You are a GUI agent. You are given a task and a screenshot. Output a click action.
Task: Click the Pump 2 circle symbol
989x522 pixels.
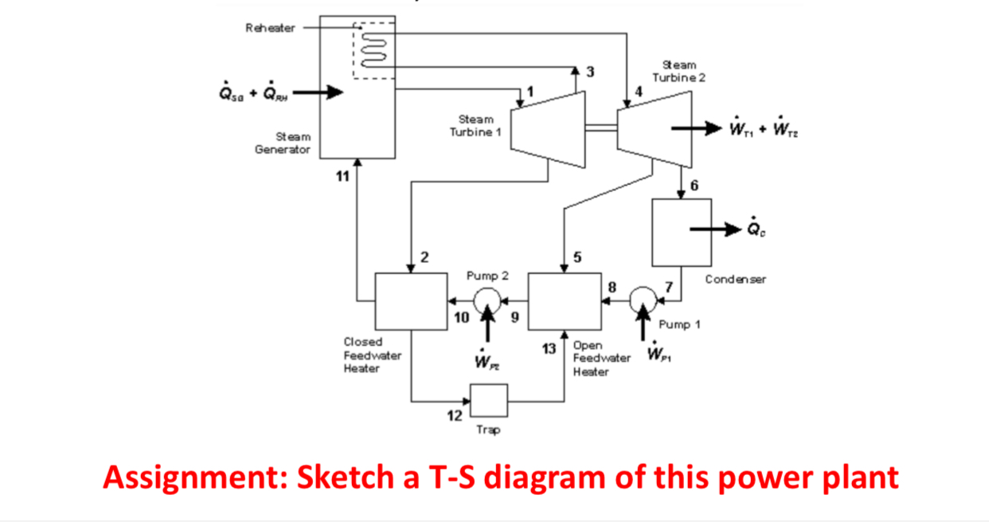[486, 300]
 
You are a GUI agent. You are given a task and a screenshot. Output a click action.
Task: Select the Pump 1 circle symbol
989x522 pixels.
[642, 300]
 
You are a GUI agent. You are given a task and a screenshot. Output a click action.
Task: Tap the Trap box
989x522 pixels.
[489, 399]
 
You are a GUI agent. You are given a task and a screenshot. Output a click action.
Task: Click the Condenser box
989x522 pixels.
[682, 232]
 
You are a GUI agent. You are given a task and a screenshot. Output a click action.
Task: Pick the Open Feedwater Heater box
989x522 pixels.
[565, 300]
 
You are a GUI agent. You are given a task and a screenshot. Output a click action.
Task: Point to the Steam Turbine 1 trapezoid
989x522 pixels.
[547, 128]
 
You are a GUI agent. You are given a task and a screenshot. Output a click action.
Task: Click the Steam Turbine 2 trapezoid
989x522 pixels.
[655, 129]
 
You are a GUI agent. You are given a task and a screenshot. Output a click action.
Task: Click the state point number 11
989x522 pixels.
[341, 176]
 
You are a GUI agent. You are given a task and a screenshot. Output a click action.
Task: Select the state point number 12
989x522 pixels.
[454, 414]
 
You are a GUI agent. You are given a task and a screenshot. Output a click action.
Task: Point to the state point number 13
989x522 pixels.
[549, 348]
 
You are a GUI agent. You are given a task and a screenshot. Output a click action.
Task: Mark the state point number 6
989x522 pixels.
[694, 186]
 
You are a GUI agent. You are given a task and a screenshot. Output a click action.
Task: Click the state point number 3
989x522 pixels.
[589, 73]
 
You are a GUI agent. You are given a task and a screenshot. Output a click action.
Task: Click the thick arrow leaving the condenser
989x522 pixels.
[714, 230]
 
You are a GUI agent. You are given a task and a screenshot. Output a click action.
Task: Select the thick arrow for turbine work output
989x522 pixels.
[692, 128]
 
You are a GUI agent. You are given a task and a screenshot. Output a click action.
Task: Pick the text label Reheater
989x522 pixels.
[270, 28]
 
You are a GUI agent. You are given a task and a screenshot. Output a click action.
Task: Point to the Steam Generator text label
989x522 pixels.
[283, 143]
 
